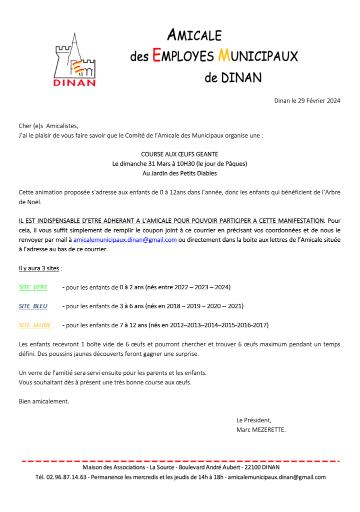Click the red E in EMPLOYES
156,56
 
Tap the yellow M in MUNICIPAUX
224,56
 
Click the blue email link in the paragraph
125,240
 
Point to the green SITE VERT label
33,287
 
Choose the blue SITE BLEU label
33,306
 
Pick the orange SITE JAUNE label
35,325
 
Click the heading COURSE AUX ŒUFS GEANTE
179,154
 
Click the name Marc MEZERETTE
261,429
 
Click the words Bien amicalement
44,401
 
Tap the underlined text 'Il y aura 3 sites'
39,268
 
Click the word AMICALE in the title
194,36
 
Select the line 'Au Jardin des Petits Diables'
179,173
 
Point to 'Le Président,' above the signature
254,420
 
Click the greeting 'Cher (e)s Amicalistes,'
48,126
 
